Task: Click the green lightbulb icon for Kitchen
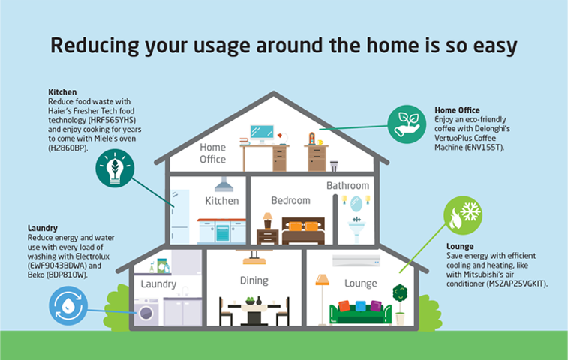pyautogui.click(x=115, y=169)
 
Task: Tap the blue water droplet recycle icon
pyautogui.click(x=68, y=305)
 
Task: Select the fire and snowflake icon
pyautogui.click(x=463, y=215)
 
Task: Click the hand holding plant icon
pyautogui.click(x=407, y=124)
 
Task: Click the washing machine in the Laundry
pyautogui.click(x=146, y=311)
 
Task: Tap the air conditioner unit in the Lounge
pyautogui.click(x=356, y=261)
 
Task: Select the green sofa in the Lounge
pyautogui.click(x=360, y=312)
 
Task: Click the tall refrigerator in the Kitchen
pyautogui.click(x=180, y=217)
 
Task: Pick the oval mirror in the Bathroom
pyautogui.click(x=356, y=204)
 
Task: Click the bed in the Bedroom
pyautogui.click(x=303, y=231)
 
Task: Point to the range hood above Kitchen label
pyautogui.click(x=224, y=184)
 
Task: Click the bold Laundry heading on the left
pyautogui.click(x=42, y=228)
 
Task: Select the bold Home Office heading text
pyautogui.click(x=457, y=110)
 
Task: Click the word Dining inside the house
pyautogui.click(x=254, y=280)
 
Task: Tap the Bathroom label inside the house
pyautogui.click(x=347, y=186)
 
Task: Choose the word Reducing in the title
pyautogui.click(x=95, y=46)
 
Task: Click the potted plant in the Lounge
pyautogui.click(x=400, y=304)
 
